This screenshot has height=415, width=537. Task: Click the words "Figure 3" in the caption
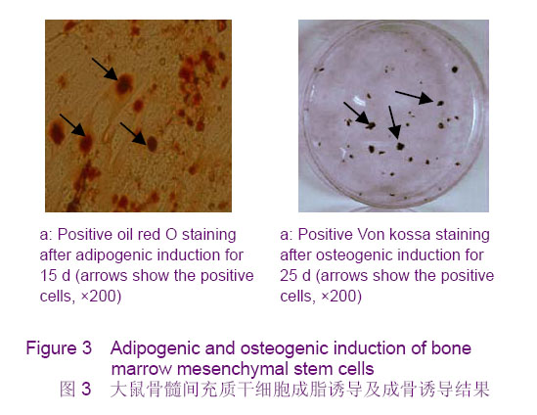(59, 348)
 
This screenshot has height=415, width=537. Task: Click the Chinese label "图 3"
(75, 389)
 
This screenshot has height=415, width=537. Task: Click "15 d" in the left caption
(55, 275)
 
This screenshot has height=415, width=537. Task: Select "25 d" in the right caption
(295, 275)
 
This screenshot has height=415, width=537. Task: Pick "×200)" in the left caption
(101, 297)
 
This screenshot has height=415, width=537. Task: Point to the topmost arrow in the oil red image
(105, 69)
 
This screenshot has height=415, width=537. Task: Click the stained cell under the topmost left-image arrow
(123, 84)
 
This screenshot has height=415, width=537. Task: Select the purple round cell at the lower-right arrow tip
(152, 143)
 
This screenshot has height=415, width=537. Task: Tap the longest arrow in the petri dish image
(415, 97)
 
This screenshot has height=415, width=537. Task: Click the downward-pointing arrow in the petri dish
(393, 122)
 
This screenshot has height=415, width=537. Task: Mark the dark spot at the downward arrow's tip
(400, 147)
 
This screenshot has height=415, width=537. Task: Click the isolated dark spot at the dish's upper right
(455, 69)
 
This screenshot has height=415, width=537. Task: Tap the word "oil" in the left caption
(125, 235)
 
